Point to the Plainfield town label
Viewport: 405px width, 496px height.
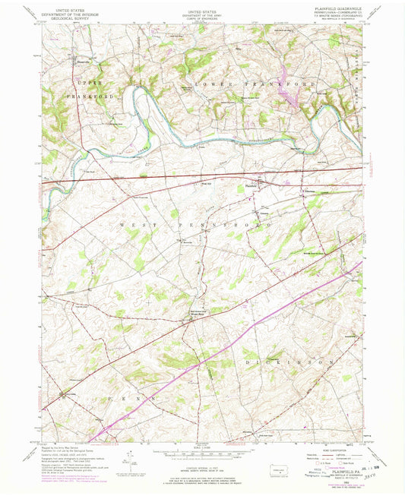pyautogui.click(x=252, y=185)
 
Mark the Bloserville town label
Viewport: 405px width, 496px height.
pyautogui.click(x=82, y=55)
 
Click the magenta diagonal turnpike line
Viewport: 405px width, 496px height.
pyautogui.click(x=228, y=343)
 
